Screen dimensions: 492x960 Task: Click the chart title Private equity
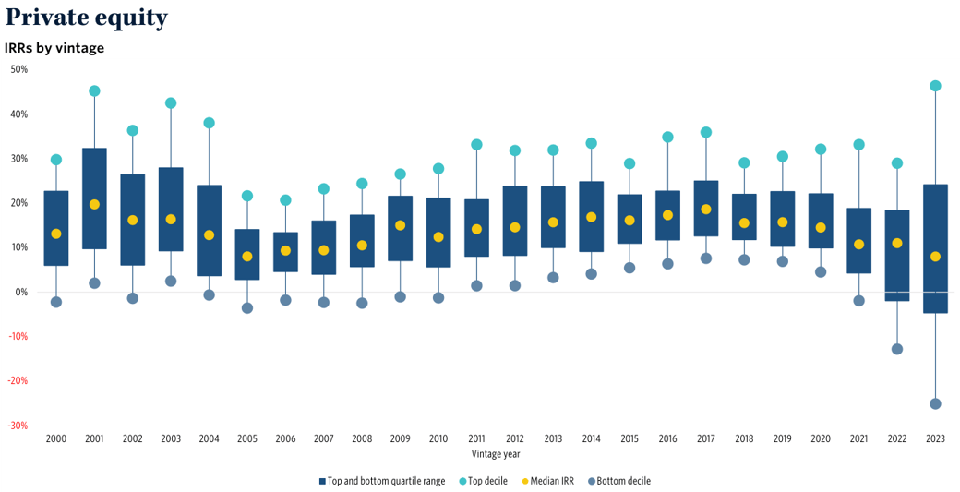[x=86, y=18]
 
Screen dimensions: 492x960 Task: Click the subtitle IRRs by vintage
[x=54, y=48]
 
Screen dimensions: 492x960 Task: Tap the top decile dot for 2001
[x=94, y=91]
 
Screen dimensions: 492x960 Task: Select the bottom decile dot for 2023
[x=935, y=403]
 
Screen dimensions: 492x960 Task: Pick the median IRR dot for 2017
[x=706, y=210]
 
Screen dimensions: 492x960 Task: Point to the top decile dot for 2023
[x=935, y=86]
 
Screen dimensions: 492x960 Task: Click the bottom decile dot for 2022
[x=897, y=349]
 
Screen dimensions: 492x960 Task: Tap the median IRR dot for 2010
[x=438, y=237]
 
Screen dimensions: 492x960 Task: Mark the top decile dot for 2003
[x=171, y=103]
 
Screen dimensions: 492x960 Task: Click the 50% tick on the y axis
[x=19, y=69]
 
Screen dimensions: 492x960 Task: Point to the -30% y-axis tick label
[x=18, y=426]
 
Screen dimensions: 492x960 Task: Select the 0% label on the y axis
[x=21, y=292]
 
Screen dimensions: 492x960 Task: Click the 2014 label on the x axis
[x=592, y=439]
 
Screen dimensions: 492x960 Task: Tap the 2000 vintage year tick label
[x=56, y=439]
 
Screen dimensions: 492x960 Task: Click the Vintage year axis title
[x=496, y=454]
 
